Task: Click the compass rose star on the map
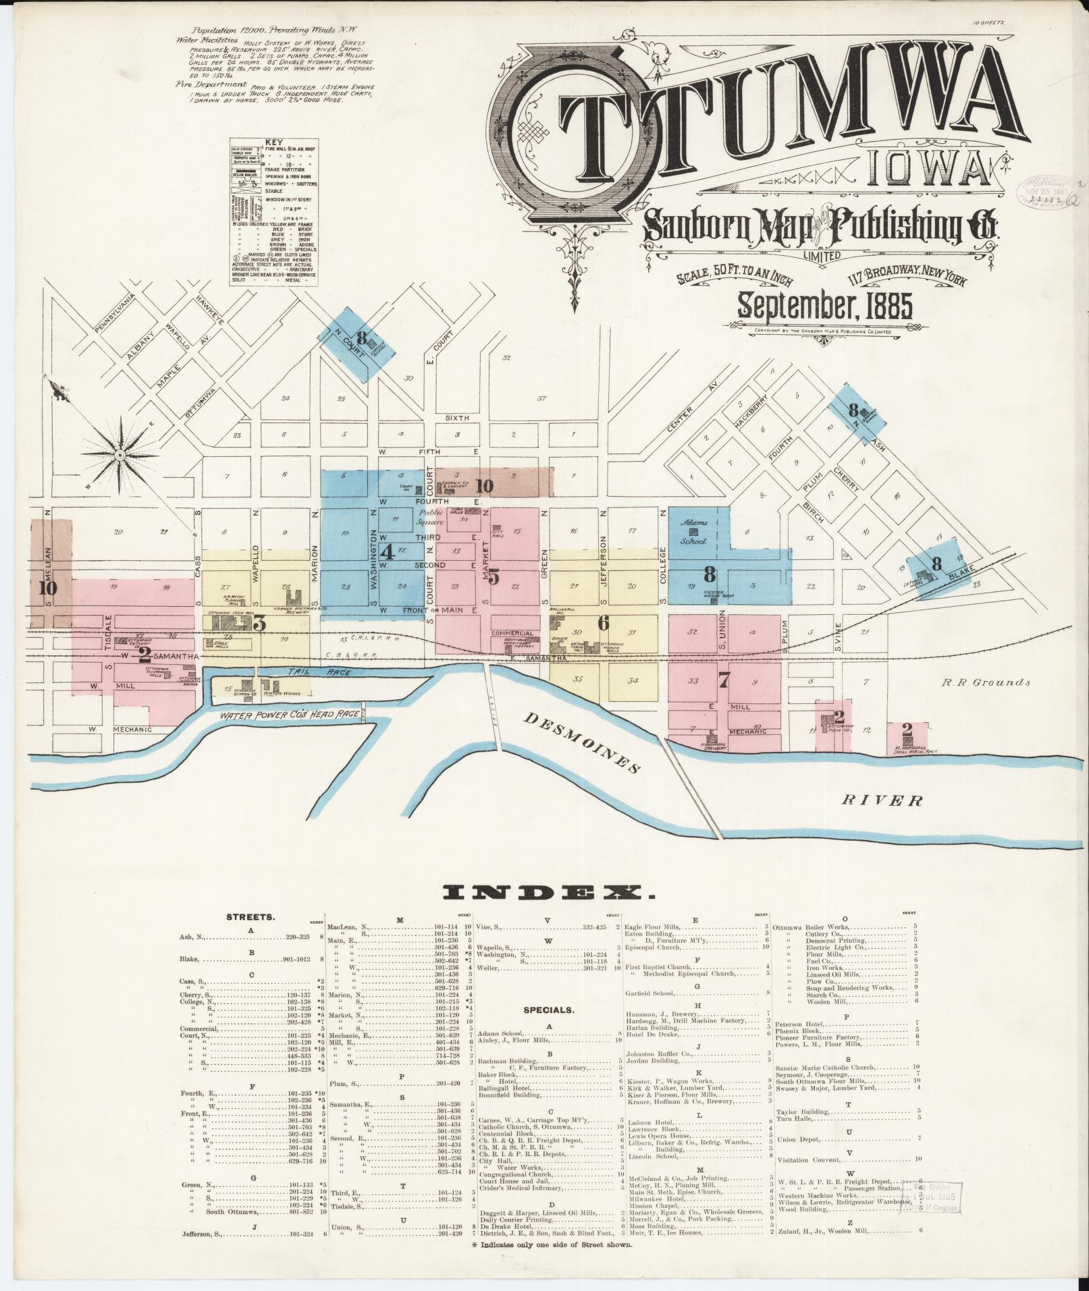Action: tap(120, 456)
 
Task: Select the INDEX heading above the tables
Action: tap(549, 894)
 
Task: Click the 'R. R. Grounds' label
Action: tap(986, 682)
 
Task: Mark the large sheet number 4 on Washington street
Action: tap(387, 552)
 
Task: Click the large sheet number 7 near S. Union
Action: tap(723, 680)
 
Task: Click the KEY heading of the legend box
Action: tap(273, 142)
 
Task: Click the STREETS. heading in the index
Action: tap(250, 918)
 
